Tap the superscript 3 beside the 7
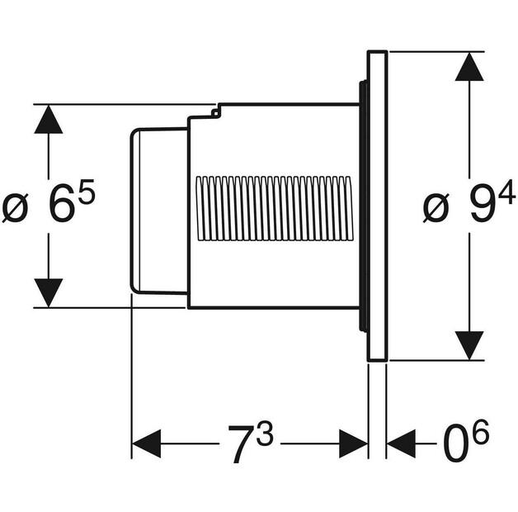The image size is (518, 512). [x=265, y=433]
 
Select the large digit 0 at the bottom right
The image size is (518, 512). [x=456, y=444]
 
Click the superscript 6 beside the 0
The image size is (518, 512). [x=480, y=432]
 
